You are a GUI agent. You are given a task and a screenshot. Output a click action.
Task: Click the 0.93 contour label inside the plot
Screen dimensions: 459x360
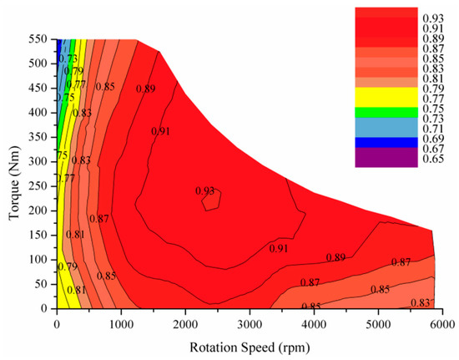pos(205,191)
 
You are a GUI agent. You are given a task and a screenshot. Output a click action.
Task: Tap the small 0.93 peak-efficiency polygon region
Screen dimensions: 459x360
pos(211,200)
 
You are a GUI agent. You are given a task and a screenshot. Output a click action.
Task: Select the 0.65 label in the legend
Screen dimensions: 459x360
pos(433,159)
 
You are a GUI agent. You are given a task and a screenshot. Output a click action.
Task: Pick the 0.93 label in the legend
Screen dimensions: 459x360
pos(433,18)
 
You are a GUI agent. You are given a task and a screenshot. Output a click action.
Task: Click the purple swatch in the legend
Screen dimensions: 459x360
pos(386,157)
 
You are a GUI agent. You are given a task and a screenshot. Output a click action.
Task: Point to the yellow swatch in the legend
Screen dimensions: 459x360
pos(386,97)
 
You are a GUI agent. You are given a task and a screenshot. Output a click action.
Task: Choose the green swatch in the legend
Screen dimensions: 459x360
pos(386,112)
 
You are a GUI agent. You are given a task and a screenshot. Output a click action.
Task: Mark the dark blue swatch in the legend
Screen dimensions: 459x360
pos(386,142)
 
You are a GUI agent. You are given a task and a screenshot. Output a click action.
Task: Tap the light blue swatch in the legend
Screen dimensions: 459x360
pos(386,128)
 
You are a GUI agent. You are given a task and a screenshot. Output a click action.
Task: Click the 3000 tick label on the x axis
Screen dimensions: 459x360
pos(250,325)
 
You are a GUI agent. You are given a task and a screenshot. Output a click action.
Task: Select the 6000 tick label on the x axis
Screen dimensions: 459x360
pos(442,325)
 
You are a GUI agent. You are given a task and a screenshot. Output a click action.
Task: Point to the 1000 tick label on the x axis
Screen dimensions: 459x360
pos(121,325)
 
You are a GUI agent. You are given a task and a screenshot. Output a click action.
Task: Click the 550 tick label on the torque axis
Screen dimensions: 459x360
pos(38,39)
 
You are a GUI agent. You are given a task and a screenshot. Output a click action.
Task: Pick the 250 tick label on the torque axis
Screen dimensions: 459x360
pos(38,186)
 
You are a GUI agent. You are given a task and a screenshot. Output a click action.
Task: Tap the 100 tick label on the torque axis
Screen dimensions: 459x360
pos(38,260)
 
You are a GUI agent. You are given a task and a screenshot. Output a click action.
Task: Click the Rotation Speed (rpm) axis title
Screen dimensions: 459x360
pos(250,347)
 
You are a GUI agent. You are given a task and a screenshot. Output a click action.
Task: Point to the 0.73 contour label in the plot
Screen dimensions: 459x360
pos(68,58)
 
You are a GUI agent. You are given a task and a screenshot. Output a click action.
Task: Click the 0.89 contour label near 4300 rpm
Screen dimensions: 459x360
pos(335,257)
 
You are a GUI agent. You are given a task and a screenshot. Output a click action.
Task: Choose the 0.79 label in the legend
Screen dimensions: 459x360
pos(433,89)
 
